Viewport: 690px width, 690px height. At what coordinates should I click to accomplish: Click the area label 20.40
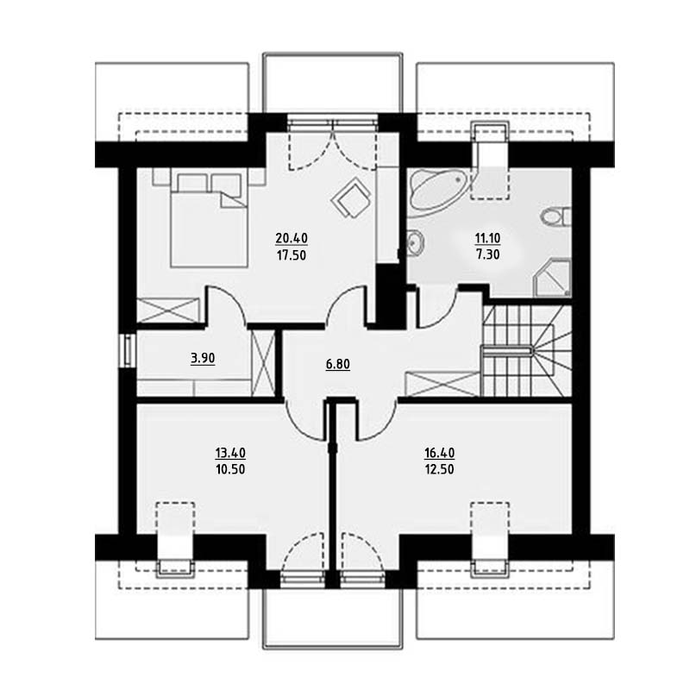tap(292, 238)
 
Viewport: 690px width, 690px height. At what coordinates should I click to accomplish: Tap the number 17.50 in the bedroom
tap(292, 255)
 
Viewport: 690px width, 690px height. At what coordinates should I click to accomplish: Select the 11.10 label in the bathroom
tap(487, 238)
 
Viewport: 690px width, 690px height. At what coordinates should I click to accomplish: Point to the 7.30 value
tap(487, 254)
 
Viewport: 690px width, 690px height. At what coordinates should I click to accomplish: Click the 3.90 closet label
tap(203, 358)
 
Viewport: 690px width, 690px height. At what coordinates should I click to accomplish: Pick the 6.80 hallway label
tap(338, 364)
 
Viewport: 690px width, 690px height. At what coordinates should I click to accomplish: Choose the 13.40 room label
tap(230, 452)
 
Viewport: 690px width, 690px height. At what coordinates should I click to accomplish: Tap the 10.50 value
tap(230, 469)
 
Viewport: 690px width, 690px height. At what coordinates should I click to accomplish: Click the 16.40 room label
tap(439, 452)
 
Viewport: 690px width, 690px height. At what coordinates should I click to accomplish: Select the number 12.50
tap(439, 469)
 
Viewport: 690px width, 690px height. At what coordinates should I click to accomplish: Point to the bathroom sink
tap(415, 242)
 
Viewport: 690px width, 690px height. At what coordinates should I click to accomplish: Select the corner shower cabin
tap(552, 278)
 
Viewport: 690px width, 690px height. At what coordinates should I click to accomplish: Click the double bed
tap(209, 220)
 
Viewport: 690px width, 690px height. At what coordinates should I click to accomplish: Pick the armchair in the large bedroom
tap(351, 198)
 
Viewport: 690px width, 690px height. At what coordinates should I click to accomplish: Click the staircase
tap(526, 351)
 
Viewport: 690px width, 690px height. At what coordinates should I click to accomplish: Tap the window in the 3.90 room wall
tap(128, 351)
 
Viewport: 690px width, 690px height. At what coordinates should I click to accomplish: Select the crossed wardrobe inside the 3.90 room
tap(263, 363)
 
